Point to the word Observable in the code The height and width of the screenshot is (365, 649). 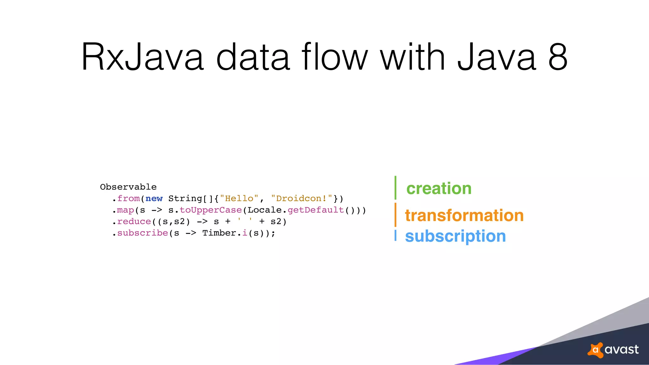[x=128, y=187]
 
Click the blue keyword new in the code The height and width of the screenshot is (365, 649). [x=154, y=199]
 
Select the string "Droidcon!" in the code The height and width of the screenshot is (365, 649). [x=301, y=199]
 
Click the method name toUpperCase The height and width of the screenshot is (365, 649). [x=211, y=210]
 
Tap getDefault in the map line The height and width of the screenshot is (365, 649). [x=316, y=210]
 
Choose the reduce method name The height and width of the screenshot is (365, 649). [x=134, y=221]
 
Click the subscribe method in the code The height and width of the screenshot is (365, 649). [x=143, y=233]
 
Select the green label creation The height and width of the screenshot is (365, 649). [x=439, y=189]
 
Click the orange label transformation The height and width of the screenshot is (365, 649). [x=464, y=215]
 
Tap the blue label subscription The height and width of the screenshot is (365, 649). [x=455, y=236]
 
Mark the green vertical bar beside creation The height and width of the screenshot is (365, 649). [x=395, y=188]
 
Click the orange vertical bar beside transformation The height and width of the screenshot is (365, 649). [x=395, y=215]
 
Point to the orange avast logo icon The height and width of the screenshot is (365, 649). [x=595, y=350]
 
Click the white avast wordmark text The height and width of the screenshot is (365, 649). [x=621, y=349]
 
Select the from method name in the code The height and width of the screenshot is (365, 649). [x=128, y=199]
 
